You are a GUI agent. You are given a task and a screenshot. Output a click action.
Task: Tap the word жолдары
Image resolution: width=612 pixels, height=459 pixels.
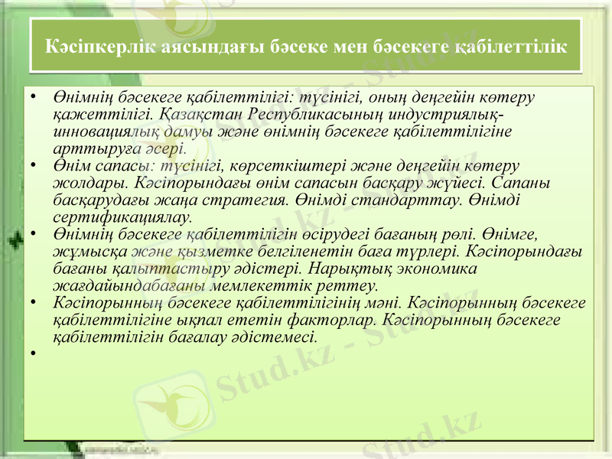85,183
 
